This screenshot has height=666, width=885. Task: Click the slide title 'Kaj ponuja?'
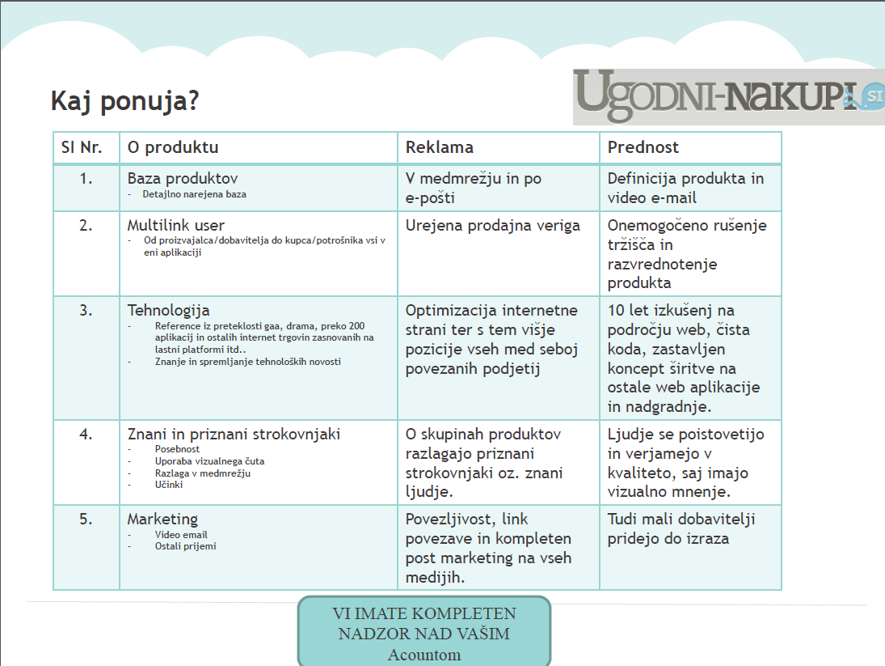[x=124, y=102]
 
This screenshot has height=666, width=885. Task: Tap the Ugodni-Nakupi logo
[x=727, y=97]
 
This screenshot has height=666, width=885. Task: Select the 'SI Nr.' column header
[x=82, y=147]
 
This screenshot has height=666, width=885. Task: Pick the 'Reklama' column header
[x=439, y=147]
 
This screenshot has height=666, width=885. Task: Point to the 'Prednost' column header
[x=643, y=147]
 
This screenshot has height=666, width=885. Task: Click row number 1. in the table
[x=86, y=179]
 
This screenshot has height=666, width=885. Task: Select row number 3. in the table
[x=86, y=311]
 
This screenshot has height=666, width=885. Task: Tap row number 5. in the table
[x=86, y=520]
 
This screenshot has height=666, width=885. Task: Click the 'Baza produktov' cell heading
[x=183, y=179]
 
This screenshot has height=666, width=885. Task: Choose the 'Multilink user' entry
[x=176, y=226]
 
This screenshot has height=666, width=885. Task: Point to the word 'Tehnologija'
[x=168, y=311]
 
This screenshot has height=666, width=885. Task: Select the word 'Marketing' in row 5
[x=162, y=520]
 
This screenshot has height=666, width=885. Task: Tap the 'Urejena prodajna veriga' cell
[x=493, y=226]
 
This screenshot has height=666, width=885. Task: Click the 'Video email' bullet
[x=181, y=535]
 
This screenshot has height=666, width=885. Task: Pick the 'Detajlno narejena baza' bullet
[x=194, y=194]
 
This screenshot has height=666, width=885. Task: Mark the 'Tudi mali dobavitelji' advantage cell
[x=681, y=528]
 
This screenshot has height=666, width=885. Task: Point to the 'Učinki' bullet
[x=169, y=485]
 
